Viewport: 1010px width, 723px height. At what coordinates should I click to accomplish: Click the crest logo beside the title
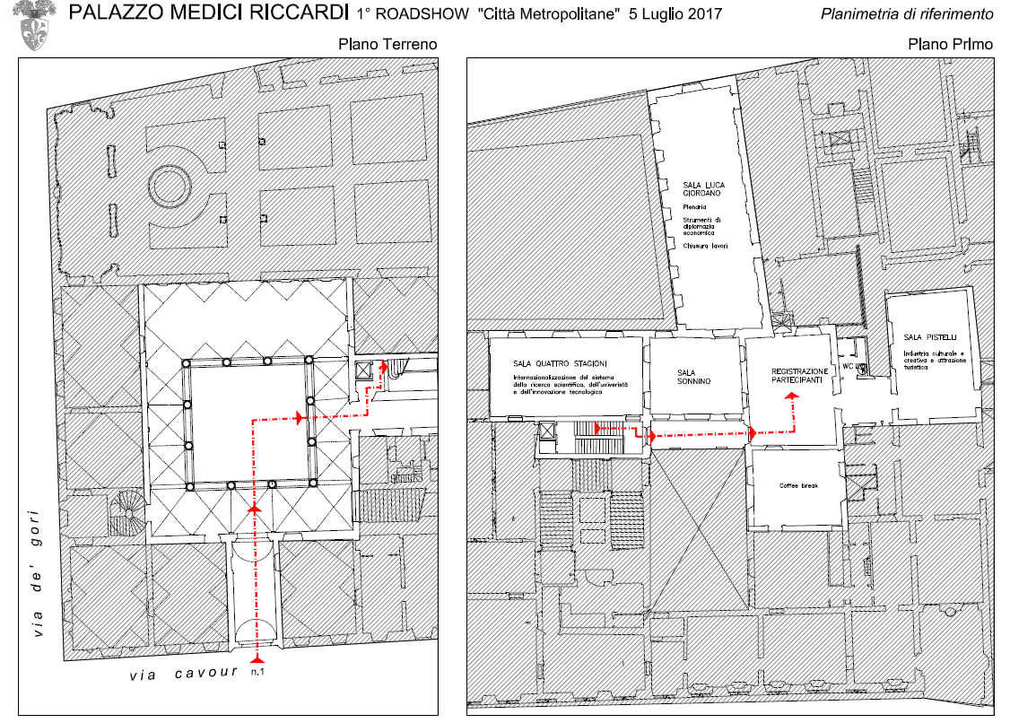point(37,26)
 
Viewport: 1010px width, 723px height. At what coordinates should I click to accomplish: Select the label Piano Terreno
point(387,44)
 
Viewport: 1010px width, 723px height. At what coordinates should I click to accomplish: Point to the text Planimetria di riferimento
point(907,15)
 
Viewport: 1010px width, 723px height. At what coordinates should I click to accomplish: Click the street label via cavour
point(183,672)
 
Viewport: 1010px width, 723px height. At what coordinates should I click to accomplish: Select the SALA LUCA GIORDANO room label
point(703,188)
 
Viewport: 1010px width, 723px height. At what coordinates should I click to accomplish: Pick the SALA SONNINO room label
point(693,377)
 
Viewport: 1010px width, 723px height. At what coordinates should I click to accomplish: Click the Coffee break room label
point(797,486)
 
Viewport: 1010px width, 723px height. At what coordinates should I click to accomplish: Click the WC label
point(847,367)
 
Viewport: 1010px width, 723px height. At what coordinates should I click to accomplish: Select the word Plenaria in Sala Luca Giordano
point(695,207)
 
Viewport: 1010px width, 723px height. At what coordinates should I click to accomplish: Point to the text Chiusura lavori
point(705,246)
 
